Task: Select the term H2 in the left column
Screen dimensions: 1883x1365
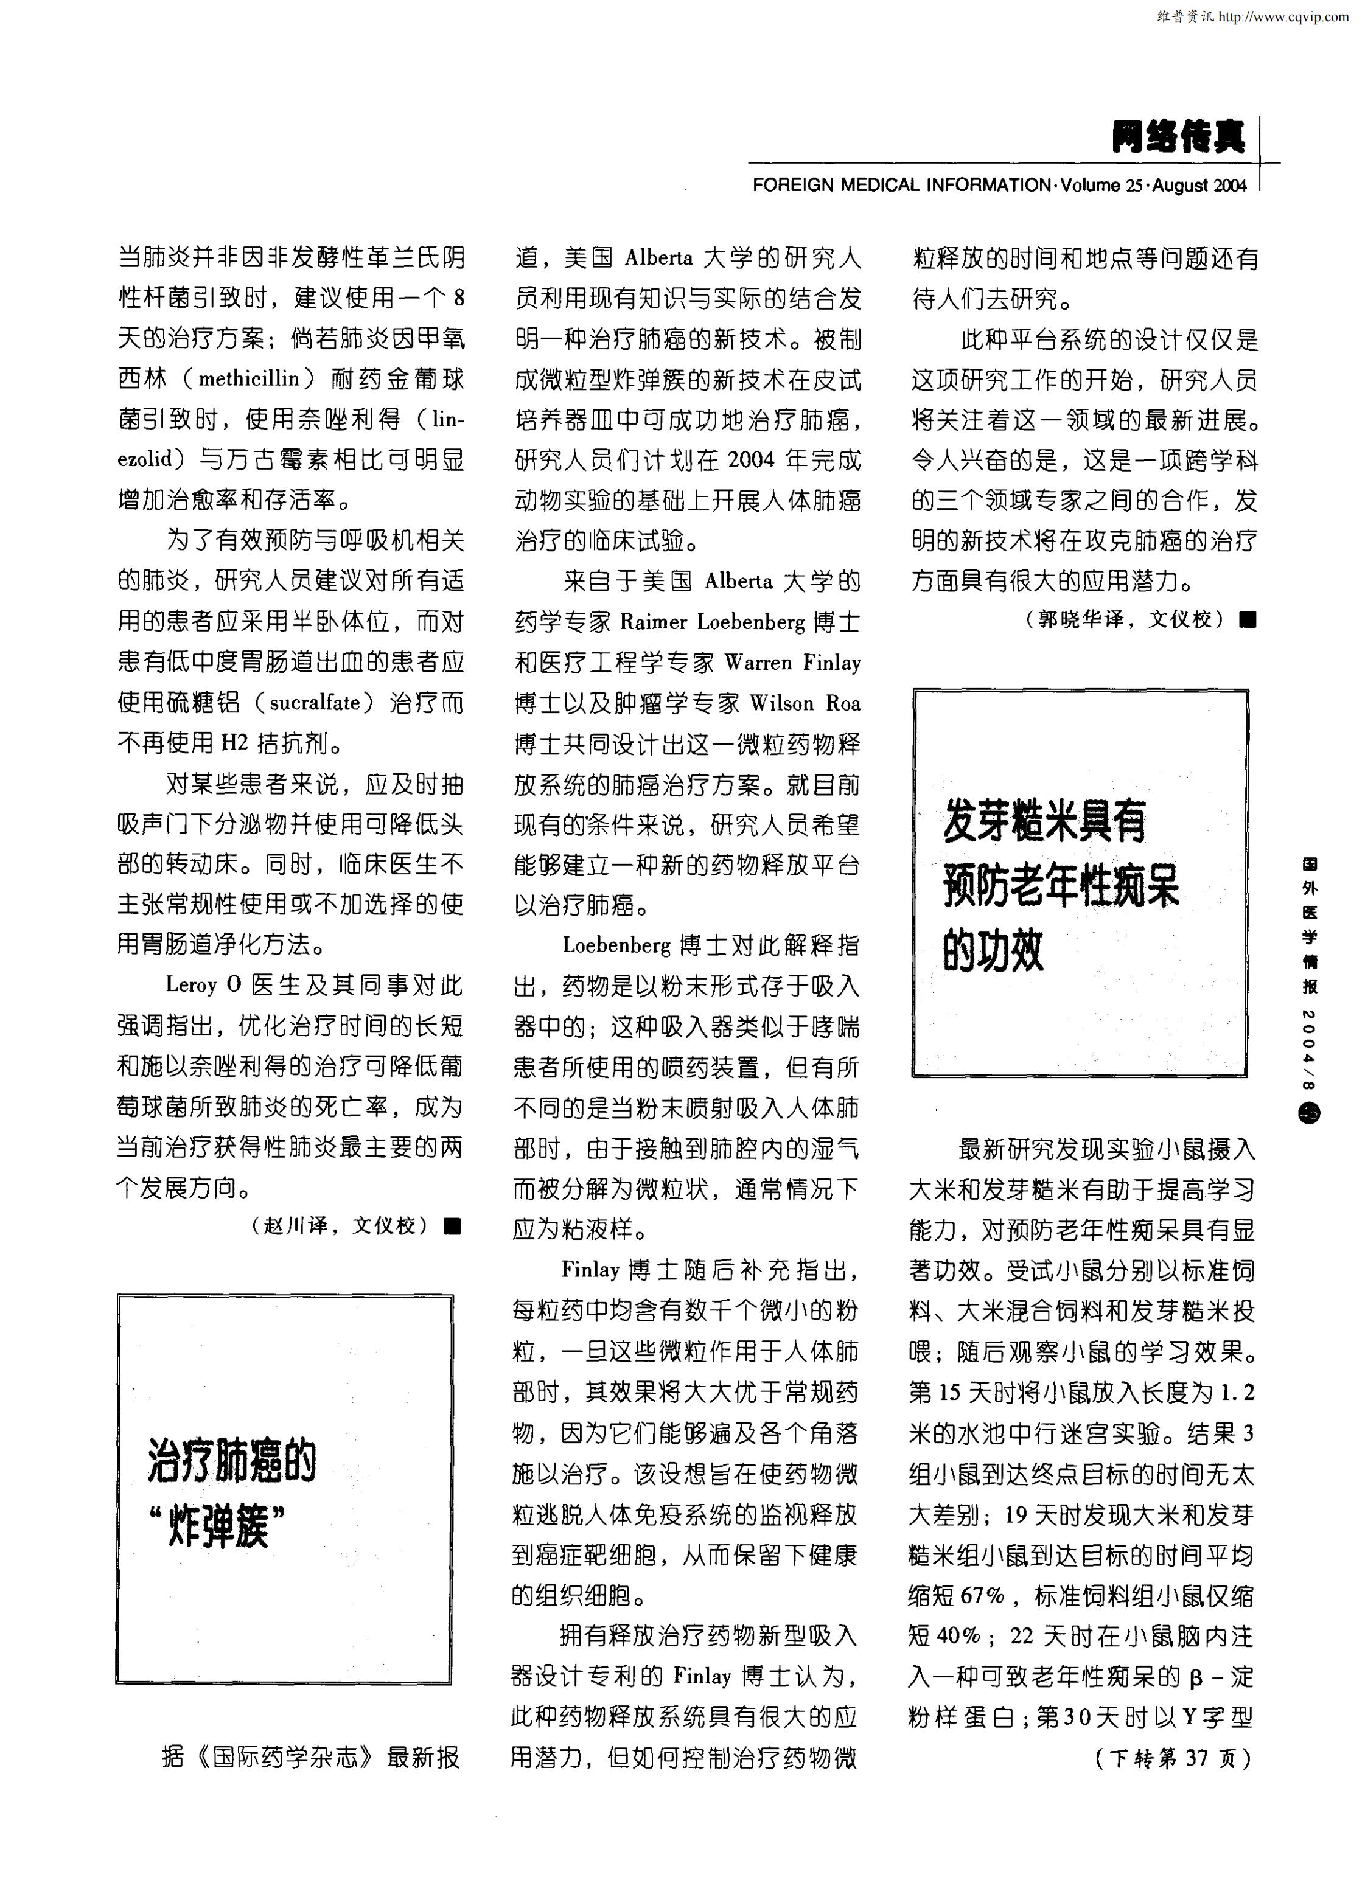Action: click(x=235, y=743)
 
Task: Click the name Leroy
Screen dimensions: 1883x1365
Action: click(x=191, y=986)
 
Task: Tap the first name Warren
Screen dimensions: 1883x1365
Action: click(x=757, y=663)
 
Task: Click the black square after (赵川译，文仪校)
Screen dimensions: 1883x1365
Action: click(x=452, y=1225)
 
